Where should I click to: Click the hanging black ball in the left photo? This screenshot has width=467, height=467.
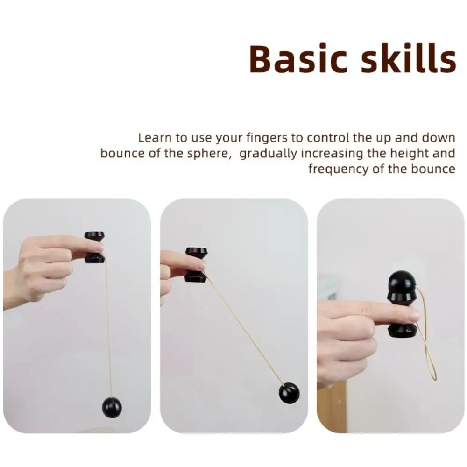pos(112,407)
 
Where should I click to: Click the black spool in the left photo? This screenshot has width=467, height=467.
pos(94,247)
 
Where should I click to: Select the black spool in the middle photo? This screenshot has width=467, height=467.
pos(195,265)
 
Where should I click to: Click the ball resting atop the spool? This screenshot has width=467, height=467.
pos(401,282)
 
